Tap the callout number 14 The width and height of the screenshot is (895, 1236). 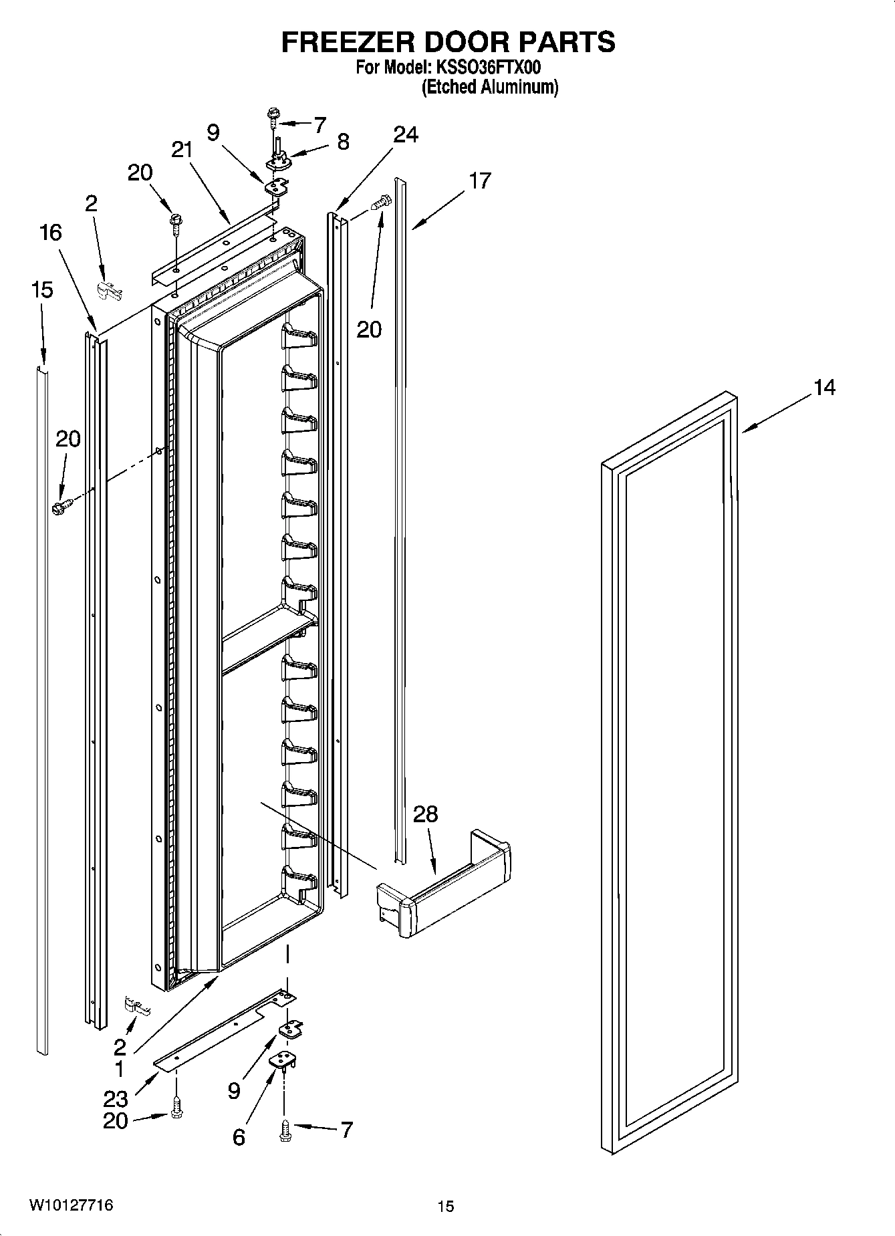824,387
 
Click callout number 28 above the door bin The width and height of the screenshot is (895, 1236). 426,814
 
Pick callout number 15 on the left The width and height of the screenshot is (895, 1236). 41,289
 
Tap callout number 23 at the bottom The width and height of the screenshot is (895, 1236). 115,1098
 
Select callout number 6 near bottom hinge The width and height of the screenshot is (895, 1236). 239,1137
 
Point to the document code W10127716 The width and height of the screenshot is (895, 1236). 70,1205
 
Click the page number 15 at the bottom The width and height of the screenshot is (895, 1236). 446,1206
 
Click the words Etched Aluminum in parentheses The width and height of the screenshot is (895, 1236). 489,87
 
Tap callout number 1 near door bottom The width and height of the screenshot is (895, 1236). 119,1069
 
